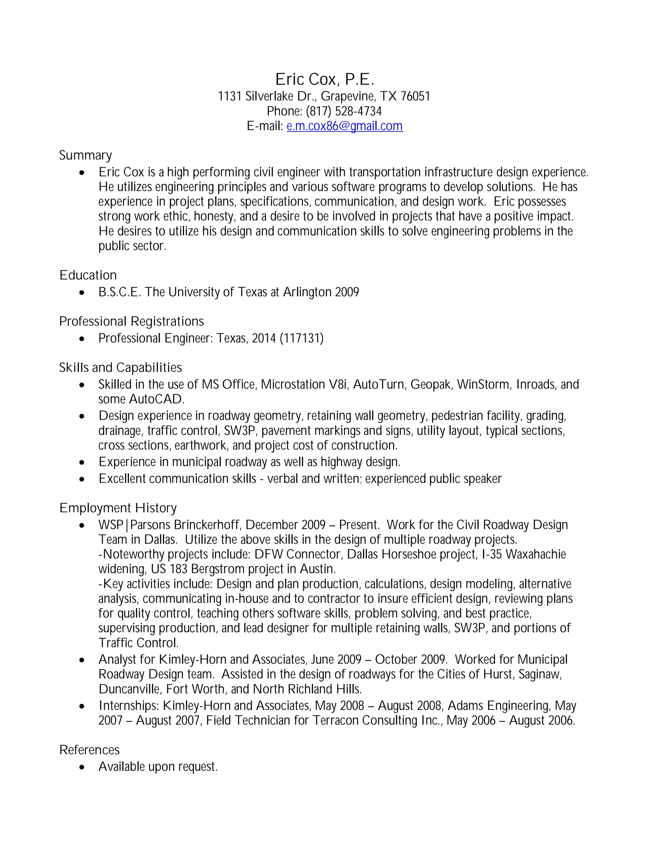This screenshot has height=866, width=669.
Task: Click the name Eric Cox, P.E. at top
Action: [325, 79]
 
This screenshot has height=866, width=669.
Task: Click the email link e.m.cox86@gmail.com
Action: [344, 126]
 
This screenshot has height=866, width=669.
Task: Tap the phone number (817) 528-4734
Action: [344, 111]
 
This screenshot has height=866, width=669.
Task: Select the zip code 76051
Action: [415, 96]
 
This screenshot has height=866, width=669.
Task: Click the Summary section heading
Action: [85, 155]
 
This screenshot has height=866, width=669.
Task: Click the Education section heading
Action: [88, 275]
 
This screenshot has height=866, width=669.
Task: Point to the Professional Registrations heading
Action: [131, 321]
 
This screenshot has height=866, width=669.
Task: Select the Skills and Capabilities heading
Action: [120, 368]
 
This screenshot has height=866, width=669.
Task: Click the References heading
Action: [89, 750]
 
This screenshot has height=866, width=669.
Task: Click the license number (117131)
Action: [301, 338]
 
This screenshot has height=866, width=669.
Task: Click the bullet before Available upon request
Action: [82, 767]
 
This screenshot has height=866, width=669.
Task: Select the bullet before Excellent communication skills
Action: [82, 479]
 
